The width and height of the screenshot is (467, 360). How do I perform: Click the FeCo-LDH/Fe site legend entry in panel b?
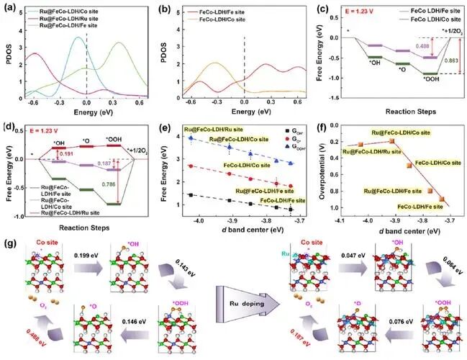tap(231, 12)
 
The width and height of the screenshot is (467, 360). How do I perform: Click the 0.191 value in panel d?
tap(66, 153)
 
